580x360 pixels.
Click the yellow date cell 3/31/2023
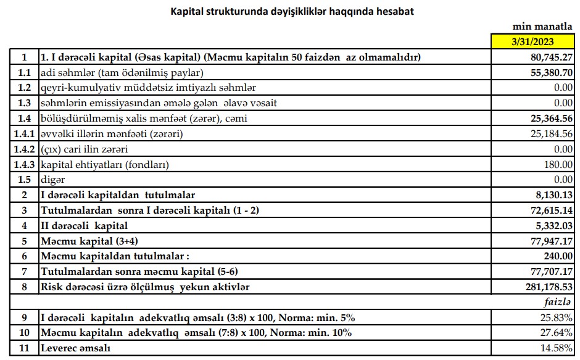(x=532, y=42)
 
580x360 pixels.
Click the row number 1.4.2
(x=24, y=149)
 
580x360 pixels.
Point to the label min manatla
(x=542, y=27)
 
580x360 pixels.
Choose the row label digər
(x=52, y=180)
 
